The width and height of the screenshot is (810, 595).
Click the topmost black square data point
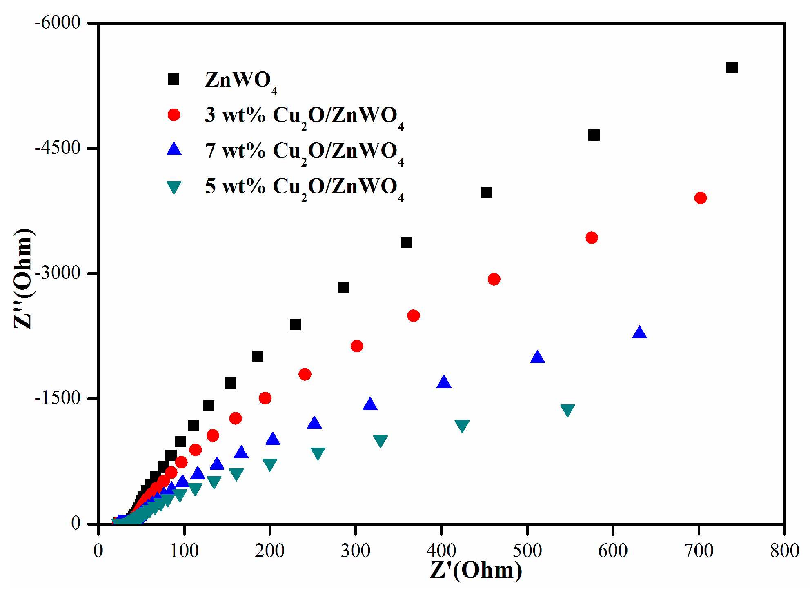point(732,68)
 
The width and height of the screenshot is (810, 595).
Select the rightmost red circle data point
point(701,198)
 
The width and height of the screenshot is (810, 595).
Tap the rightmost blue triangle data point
point(639,333)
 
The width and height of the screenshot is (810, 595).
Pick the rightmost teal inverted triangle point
point(567,410)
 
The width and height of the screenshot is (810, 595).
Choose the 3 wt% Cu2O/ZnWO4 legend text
point(304,116)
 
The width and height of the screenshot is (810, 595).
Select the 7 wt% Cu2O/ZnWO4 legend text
point(304,151)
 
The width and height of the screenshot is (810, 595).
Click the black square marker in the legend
point(174,79)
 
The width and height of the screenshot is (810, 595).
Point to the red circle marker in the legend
point(174,115)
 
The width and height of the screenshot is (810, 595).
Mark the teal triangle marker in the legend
point(174,187)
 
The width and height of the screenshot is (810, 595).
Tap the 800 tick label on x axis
point(784,551)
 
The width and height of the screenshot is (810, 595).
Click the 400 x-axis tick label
point(441,551)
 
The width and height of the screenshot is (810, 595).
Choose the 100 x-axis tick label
point(184,551)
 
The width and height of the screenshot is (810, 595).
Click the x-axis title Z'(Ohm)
point(476,571)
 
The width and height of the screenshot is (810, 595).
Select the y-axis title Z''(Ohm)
point(24,279)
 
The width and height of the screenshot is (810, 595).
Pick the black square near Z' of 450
point(487,193)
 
